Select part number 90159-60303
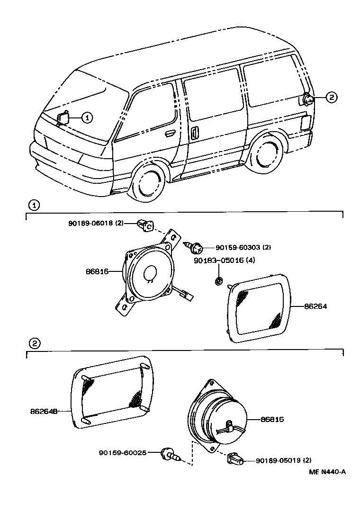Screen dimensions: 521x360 [237, 247]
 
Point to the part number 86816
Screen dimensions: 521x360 [98, 271]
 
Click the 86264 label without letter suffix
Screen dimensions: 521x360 [315, 306]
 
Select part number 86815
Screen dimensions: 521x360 [272, 419]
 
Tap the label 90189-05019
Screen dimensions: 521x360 [278, 460]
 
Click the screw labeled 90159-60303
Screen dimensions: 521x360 [196, 247]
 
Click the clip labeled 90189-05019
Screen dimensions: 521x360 [234, 458]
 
